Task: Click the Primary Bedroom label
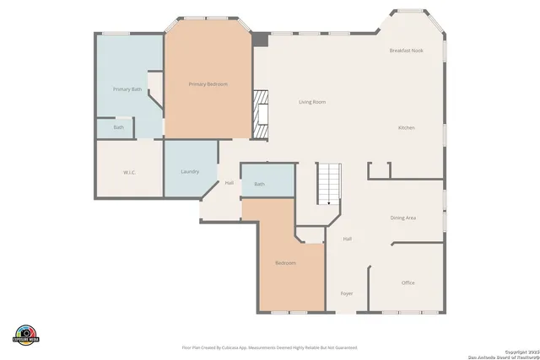pos(208,84)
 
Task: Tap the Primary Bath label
pos(127,89)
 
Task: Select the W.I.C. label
pos(129,172)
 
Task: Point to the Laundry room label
pos(190,172)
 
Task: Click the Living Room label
pos(312,102)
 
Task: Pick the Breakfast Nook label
pos(406,51)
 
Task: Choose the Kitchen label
pos(407,127)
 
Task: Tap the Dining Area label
pos(402,218)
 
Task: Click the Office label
pos(408,282)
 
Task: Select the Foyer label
pos(346,293)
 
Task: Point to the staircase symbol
pos(327,183)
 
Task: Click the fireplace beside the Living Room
pos(262,114)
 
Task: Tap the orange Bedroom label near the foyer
pos(285,263)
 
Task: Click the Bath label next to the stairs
pos(259,184)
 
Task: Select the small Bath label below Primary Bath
pos(119,128)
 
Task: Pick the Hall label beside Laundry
pos(229,182)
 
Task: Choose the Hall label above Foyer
pos(347,239)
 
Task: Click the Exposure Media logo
pos(27,335)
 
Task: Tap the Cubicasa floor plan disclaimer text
pos(269,347)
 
